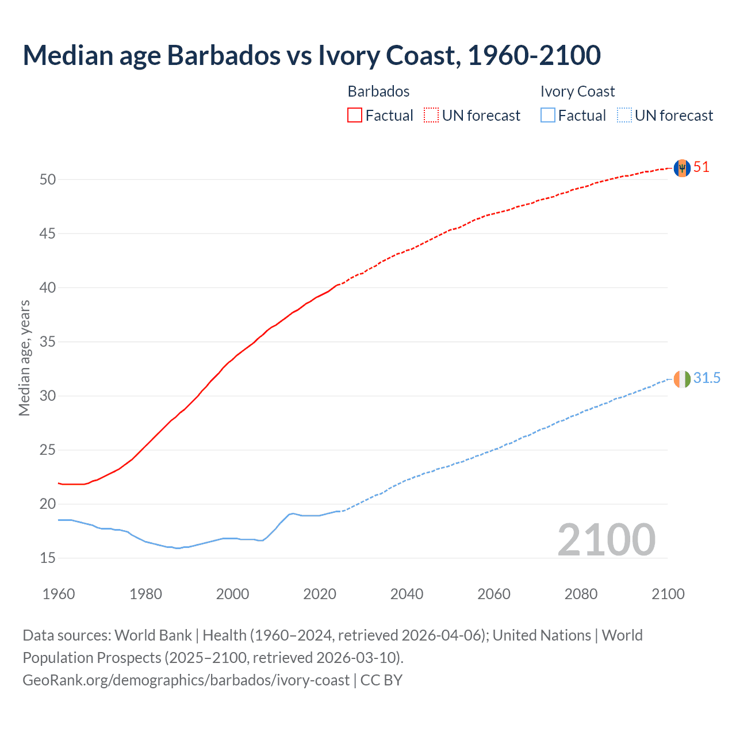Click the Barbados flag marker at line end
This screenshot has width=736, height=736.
click(681, 168)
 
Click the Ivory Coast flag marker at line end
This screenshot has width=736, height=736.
click(681, 379)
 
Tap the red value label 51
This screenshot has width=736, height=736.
click(701, 167)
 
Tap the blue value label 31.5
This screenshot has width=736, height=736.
click(707, 378)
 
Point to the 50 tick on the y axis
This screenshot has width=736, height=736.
click(48, 179)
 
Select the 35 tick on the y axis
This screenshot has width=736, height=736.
click(48, 342)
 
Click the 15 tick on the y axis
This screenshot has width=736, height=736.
click(48, 558)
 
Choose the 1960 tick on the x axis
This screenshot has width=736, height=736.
click(59, 594)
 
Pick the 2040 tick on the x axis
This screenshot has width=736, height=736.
click(407, 594)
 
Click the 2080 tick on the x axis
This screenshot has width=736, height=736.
click(581, 594)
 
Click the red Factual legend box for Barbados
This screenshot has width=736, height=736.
click(355, 116)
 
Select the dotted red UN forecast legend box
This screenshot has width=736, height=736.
click(431, 116)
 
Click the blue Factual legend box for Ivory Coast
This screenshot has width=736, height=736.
click(548, 116)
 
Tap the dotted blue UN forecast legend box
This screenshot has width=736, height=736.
click(624, 116)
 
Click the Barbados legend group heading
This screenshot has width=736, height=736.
click(378, 91)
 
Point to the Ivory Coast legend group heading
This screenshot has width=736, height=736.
click(577, 91)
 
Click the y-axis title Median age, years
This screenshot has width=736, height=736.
click(24, 358)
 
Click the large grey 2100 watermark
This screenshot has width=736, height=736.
click(606, 540)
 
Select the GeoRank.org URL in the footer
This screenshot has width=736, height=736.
click(186, 680)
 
